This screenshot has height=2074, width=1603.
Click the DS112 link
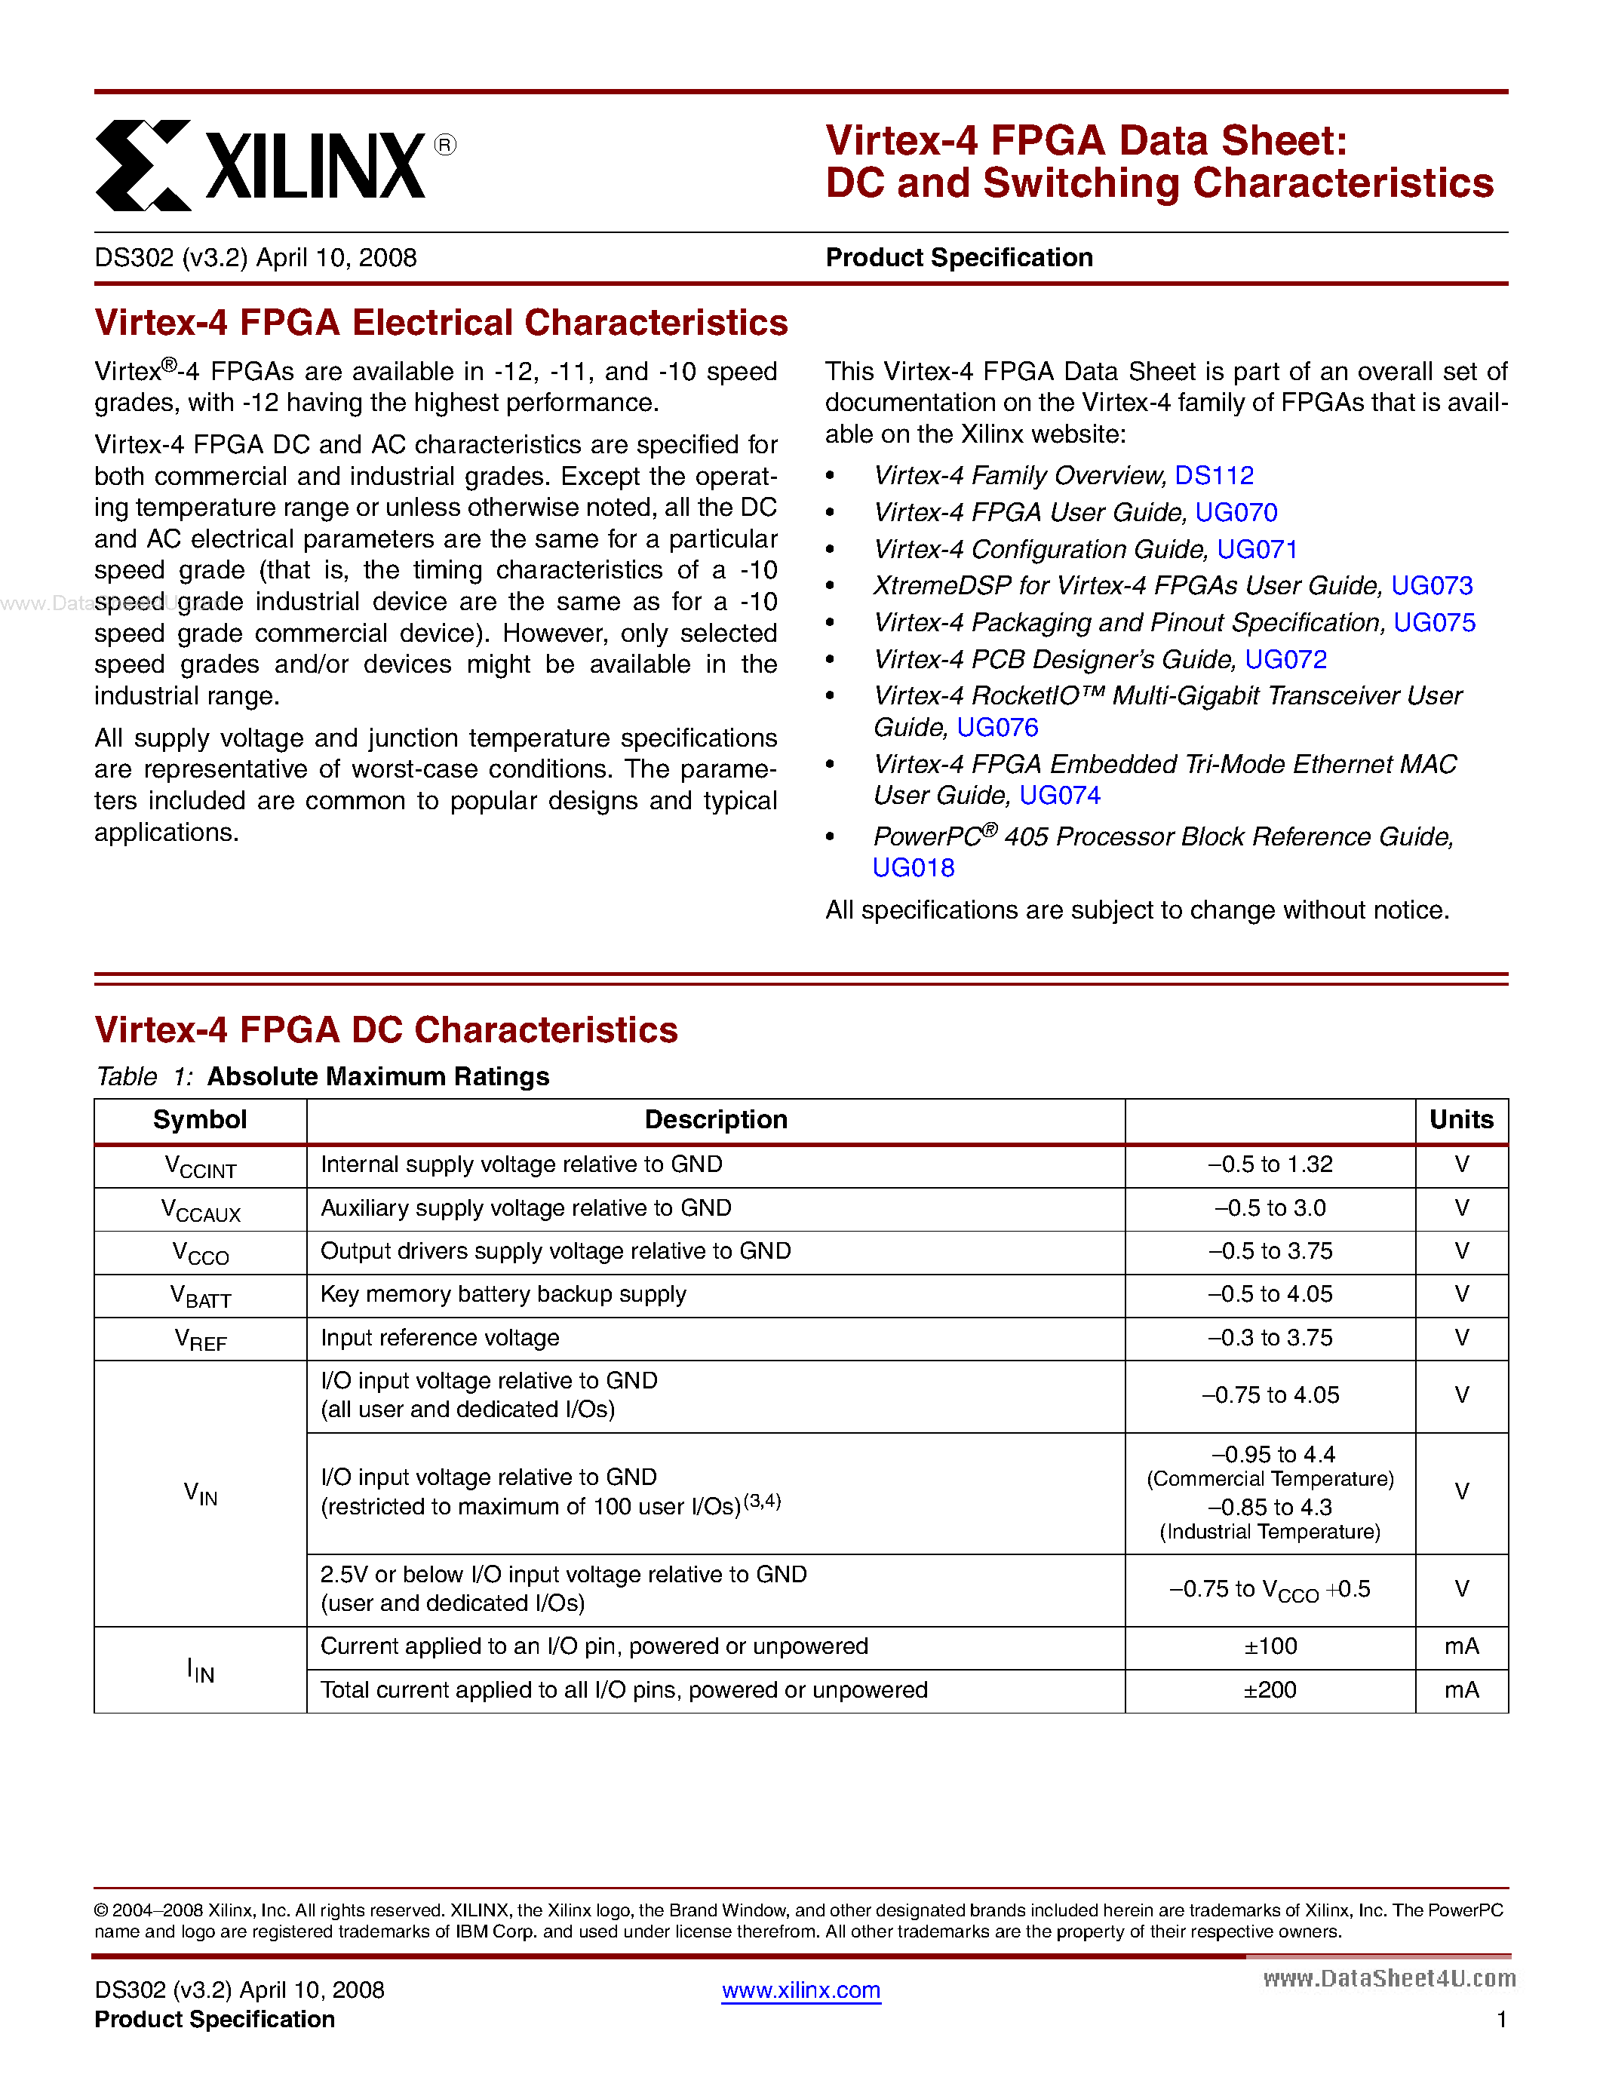1214,475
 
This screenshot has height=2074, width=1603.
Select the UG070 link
1236,512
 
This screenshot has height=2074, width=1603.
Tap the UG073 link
1431,585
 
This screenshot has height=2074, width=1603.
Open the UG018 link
914,867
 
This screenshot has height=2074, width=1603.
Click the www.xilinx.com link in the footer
800,1990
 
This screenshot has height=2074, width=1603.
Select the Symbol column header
199,1120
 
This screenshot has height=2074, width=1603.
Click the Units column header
1460,1120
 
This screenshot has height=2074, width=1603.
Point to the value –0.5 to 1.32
1270,1164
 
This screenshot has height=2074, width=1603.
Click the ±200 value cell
1270,1689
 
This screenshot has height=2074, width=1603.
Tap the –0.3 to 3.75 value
1270,1337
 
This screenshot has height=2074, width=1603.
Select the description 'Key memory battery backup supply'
503,1294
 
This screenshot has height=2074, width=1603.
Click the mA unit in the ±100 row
1460,1646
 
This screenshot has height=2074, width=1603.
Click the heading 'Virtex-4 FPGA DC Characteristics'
385,1029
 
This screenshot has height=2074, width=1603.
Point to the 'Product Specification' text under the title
958,257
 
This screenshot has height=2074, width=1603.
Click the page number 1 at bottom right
1501,2019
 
